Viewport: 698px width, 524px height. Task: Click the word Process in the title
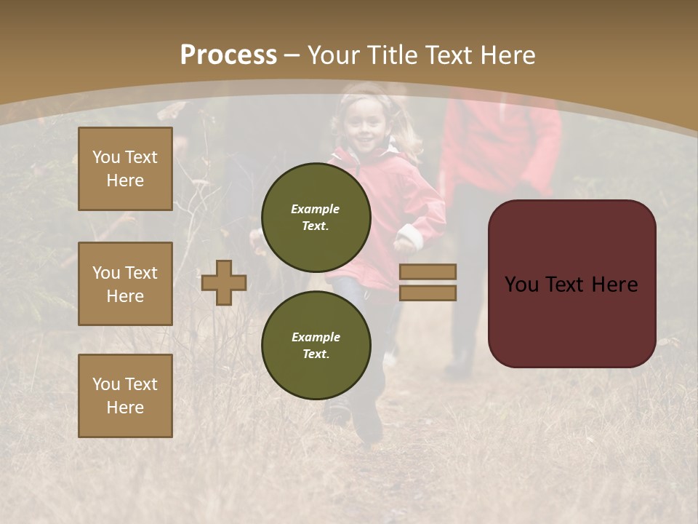coord(228,55)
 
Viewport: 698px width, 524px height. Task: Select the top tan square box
coord(125,169)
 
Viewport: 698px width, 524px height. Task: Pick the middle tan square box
coord(125,284)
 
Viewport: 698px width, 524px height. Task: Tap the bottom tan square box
coord(125,396)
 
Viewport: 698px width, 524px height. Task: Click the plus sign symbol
coord(224,282)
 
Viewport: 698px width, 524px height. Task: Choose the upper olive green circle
coord(316,218)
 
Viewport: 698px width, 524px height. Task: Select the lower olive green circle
coord(316,345)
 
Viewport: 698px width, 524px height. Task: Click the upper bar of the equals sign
coord(428,271)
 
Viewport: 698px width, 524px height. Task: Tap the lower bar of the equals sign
coord(428,293)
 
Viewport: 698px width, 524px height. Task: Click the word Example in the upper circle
coord(316,209)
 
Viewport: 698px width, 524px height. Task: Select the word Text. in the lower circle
coord(316,354)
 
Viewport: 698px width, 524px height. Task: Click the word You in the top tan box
coord(106,157)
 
